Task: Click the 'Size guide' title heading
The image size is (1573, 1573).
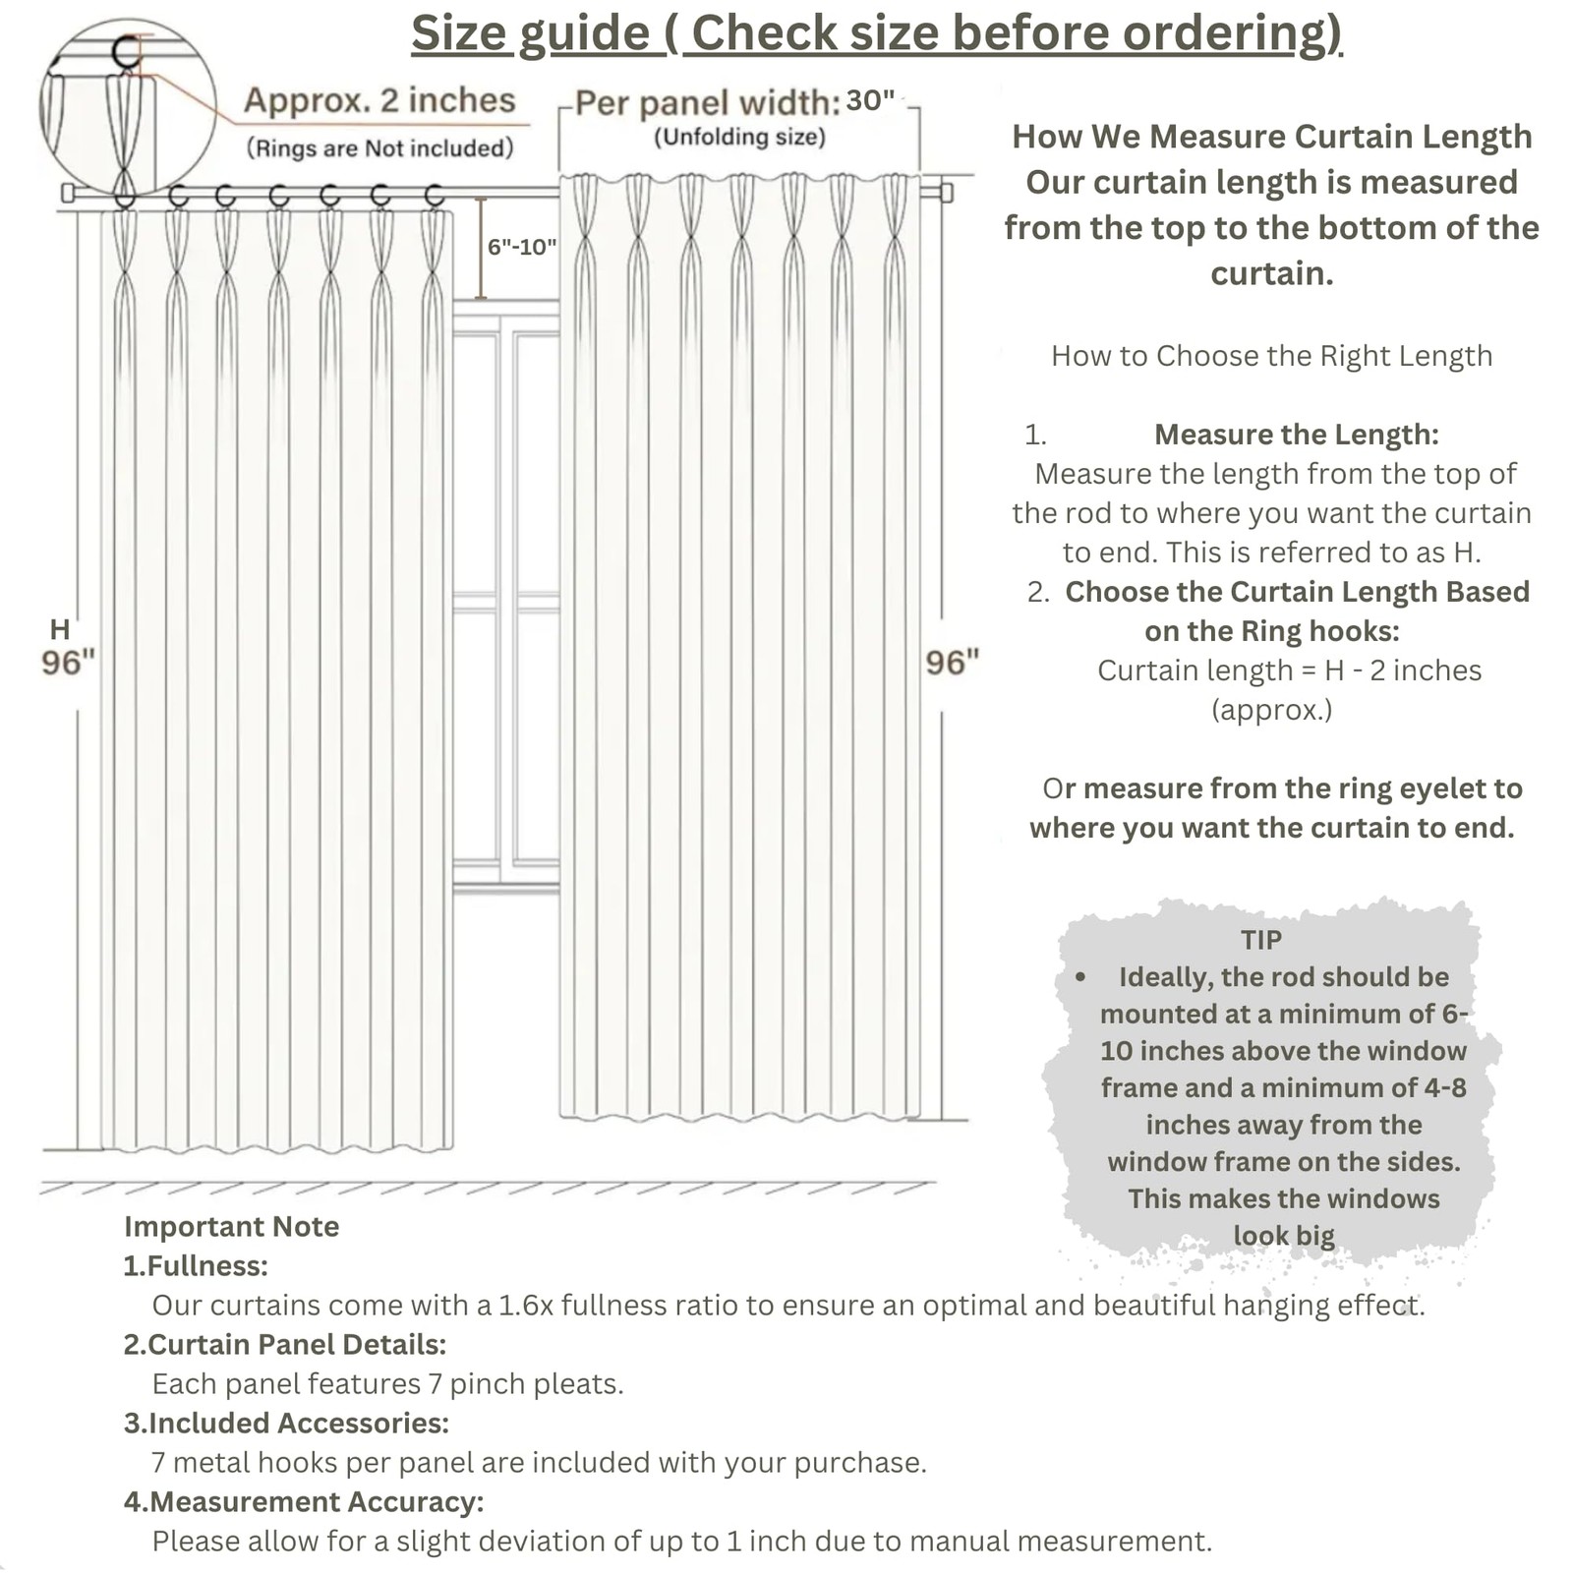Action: coord(876,33)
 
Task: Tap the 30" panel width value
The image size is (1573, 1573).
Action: coord(870,100)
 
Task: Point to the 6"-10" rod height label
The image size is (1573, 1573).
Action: coord(522,247)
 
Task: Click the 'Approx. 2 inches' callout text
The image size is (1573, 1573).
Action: coord(379,100)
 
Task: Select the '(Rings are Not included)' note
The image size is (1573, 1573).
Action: coord(379,148)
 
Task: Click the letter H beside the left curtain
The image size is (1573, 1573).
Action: coord(60,629)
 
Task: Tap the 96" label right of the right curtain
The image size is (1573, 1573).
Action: coord(953,663)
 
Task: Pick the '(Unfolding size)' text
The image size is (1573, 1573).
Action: coord(739,137)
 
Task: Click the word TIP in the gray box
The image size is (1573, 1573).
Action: coord(1261,940)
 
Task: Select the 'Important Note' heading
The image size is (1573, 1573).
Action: coord(231,1226)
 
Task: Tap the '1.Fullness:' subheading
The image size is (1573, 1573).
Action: coord(196,1265)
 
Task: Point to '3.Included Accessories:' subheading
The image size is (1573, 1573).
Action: coord(286,1423)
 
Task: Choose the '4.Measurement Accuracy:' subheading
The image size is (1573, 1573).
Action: coord(304,1501)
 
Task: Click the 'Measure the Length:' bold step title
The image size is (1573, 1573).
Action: coord(1296,435)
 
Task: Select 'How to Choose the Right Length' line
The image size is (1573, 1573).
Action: coord(1271,356)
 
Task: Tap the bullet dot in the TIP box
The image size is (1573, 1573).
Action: coord(1080,977)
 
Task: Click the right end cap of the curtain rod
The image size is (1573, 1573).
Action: coord(946,191)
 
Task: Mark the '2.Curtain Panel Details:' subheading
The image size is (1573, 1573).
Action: coord(285,1344)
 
